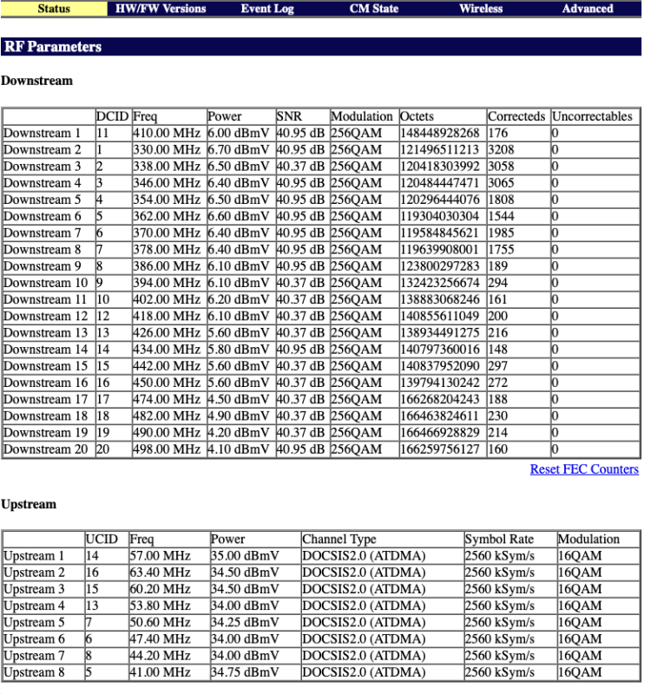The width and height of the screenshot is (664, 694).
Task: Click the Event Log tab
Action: coord(267,9)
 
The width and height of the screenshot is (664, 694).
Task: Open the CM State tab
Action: coord(374,9)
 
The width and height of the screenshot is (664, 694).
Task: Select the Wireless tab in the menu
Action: coord(481,9)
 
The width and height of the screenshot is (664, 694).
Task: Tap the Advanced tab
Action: coord(588,9)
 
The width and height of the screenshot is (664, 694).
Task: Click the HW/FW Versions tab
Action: coord(161,9)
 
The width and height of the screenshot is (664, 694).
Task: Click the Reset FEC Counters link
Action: coord(584,469)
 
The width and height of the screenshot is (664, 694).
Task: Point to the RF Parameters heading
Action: coord(53,47)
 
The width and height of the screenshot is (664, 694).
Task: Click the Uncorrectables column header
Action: coord(593,116)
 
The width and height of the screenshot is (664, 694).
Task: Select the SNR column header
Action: coord(288,116)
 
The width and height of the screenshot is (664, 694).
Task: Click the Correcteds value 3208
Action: coord(502,150)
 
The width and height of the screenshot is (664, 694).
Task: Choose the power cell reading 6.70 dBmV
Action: coord(239,150)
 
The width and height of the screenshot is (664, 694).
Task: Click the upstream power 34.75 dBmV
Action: coord(245,673)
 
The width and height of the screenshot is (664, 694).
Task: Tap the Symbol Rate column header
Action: coord(499,539)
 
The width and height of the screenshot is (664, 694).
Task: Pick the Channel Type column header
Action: coord(339,539)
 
